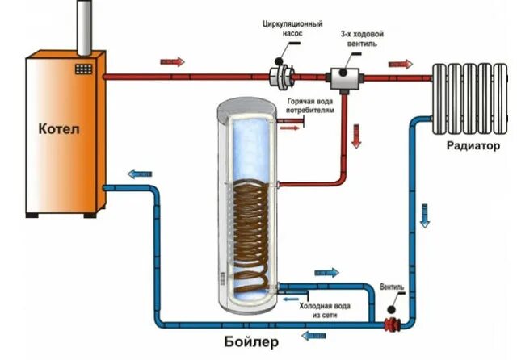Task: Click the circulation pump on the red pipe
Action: pyautogui.click(x=283, y=77)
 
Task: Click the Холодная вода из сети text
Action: pyautogui.click(x=323, y=309)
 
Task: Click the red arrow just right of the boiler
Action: pyautogui.click(x=171, y=61)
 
